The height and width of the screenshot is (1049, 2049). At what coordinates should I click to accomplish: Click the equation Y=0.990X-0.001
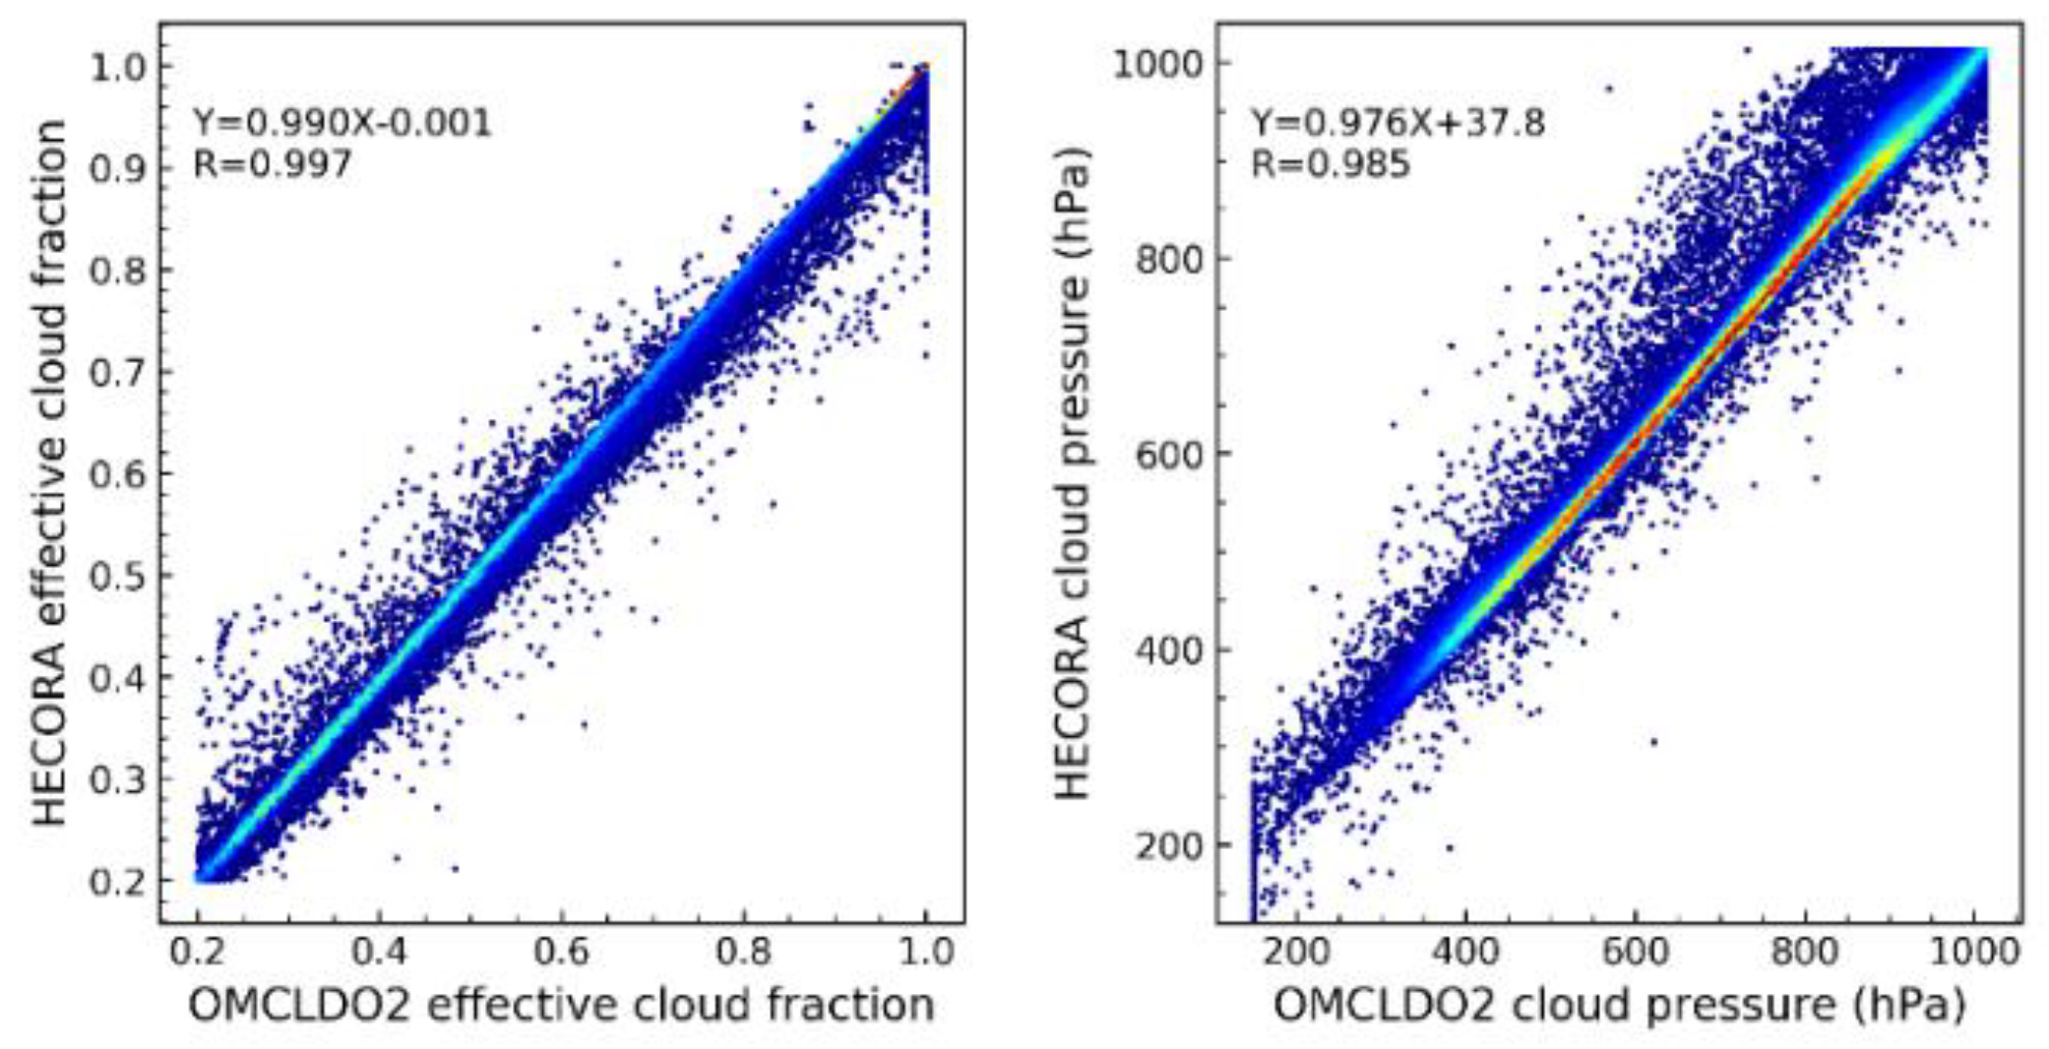[341, 123]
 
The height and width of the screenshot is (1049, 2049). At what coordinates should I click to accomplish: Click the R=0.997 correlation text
[272, 163]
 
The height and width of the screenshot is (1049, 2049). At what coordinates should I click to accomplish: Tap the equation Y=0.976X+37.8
[1397, 123]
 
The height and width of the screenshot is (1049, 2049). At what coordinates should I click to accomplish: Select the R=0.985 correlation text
[1330, 163]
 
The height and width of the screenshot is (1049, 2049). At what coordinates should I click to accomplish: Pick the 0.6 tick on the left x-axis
[561, 952]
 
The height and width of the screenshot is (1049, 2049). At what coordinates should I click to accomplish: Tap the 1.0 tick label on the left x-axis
[925, 952]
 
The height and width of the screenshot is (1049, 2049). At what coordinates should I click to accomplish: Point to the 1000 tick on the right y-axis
[1156, 64]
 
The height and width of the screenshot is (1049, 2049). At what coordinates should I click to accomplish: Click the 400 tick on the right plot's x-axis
[1465, 952]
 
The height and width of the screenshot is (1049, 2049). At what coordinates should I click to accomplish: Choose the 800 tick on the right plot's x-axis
[1804, 952]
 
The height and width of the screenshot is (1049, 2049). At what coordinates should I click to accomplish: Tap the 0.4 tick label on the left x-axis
[379, 952]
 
